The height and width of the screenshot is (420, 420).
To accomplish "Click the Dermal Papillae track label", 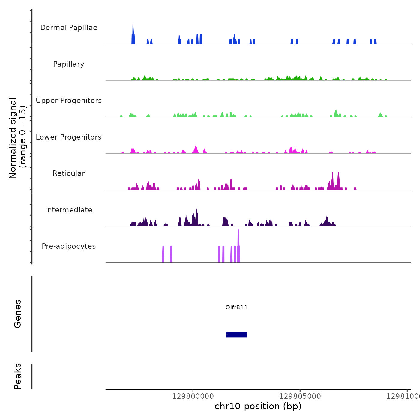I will (x=69, y=28).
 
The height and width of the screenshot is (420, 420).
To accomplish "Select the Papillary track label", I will (x=69, y=64).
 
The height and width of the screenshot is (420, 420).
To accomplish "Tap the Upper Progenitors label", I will (x=69, y=100).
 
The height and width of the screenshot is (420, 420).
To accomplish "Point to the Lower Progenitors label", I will (x=69, y=137).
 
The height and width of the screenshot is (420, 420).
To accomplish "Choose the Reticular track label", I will (x=69, y=173).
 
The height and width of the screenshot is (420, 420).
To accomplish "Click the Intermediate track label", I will (x=69, y=210).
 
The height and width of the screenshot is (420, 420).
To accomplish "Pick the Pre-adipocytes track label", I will (x=69, y=246).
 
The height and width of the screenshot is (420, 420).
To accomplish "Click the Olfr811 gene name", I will (x=237, y=307).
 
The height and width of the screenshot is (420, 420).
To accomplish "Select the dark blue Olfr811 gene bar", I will (x=237, y=335).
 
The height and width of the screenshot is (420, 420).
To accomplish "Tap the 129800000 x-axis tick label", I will (x=193, y=396).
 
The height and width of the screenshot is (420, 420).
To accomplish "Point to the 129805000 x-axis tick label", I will (x=300, y=396).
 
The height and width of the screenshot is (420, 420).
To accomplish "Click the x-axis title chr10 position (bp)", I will (x=258, y=406).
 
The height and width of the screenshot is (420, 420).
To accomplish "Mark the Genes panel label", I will (x=18, y=314).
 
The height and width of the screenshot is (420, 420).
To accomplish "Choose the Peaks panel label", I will (x=18, y=376).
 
